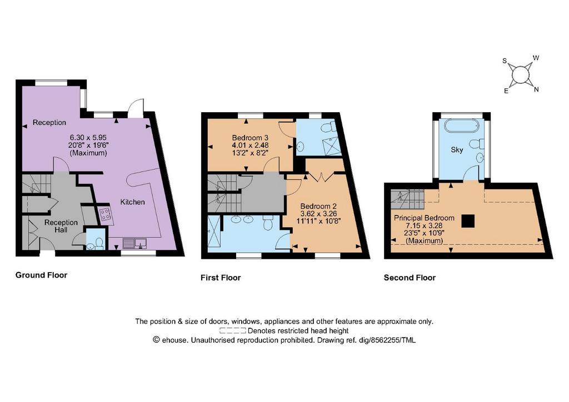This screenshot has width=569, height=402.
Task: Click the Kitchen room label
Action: click(132, 202)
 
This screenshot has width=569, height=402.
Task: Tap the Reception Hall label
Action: click(61, 226)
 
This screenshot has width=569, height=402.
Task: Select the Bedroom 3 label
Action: click(250, 138)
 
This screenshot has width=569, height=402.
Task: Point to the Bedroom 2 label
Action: click(318, 207)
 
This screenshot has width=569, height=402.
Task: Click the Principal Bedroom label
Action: click(424, 218)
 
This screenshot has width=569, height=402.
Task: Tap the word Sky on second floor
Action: click(457, 150)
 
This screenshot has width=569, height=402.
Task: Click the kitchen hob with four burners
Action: click(106, 214)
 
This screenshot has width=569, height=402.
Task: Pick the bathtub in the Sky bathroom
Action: click(462, 126)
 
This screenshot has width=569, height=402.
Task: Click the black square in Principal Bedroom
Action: click(468, 221)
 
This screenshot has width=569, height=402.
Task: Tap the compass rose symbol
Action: click(521, 74)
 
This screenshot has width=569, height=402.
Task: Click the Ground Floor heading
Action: click(41, 275)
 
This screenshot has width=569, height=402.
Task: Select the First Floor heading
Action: click(221, 278)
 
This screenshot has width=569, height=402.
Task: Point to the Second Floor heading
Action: click(410, 278)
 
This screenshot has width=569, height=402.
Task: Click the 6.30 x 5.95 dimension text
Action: click(88, 138)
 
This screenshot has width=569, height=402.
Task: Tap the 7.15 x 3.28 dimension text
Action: click(424, 225)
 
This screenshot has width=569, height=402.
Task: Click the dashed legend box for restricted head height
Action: click(233, 330)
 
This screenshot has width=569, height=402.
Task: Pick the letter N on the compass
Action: click(536, 89)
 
